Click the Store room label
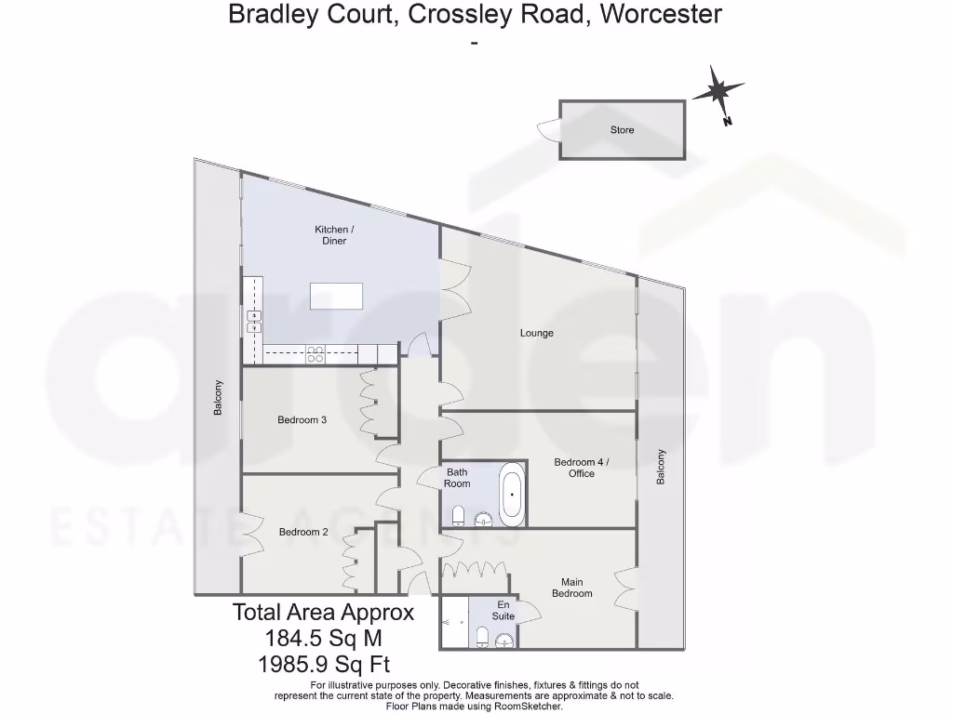(622, 130)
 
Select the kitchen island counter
(335, 296)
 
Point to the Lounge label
(536, 333)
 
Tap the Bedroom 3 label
(302, 420)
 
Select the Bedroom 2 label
(303, 533)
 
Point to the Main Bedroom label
(571, 588)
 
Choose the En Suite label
(503, 610)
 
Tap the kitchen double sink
(252, 322)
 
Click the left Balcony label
(218, 397)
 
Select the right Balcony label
(661, 467)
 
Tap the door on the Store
(548, 130)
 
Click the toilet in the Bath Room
(459, 515)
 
